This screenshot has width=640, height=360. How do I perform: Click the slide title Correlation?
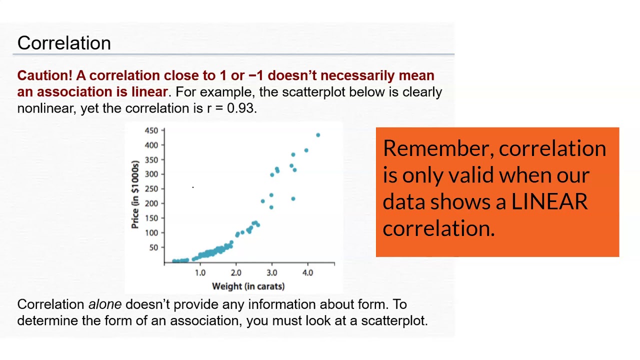point(64,43)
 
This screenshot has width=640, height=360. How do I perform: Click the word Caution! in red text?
point(45,75)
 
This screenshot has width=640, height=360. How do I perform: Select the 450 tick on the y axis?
point(151,130)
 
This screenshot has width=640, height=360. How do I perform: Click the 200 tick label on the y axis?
point(151,203)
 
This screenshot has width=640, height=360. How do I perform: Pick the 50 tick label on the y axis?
point(153,247)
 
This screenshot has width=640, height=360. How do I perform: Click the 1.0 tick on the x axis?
point(200,272)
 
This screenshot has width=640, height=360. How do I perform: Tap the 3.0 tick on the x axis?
point(271,272)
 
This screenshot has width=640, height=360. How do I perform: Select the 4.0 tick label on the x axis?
point(307,272)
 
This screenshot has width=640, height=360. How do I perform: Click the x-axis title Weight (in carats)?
point(248,286)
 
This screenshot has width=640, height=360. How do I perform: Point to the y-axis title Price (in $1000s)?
point(135,194)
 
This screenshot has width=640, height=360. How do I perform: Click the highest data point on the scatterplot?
point(318,135)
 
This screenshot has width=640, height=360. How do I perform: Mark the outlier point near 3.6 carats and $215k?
point(293,199)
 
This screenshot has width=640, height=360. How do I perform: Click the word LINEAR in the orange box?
point(549,202)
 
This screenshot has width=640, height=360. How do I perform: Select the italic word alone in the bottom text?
point(105,304)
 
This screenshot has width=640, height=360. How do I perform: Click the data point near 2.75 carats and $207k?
point(263,201)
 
